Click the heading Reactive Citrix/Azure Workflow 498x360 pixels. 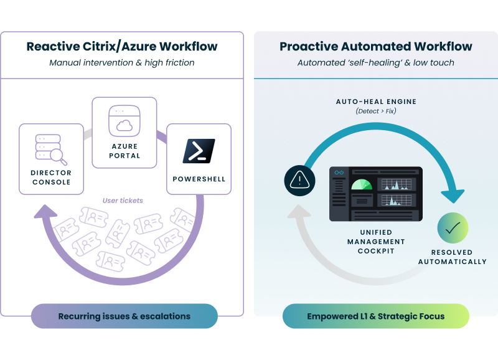point(122,47)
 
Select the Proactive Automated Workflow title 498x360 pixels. point(375,47)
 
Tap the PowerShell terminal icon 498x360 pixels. point(199,151)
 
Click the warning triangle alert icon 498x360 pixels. point(300,181)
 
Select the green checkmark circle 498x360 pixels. point(453,228)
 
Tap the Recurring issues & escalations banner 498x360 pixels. point(125,316)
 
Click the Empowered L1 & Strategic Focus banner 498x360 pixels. point(375,316)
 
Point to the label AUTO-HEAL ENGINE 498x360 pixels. point(376,102)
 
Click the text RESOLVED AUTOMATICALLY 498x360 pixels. point(453,257)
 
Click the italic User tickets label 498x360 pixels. point(123,201)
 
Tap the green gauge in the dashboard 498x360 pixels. point(362,185)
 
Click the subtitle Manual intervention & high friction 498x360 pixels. point(122,62)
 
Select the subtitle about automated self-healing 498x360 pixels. point(375,63)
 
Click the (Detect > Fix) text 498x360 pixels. point(375,111)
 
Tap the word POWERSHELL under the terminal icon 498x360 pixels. point(199,179)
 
